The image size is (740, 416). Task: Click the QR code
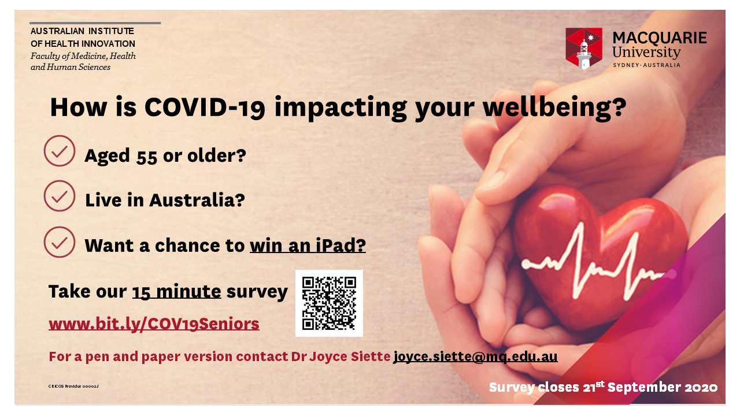click(329, 303)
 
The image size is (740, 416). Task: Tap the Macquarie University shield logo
click(584, 49)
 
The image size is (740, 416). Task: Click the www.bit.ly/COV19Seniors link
click(154, 324)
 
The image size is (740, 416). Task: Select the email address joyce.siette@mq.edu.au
click(475, 356)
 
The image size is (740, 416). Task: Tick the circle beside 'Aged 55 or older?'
click(60, 151)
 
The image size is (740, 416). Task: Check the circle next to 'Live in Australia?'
click(60, 196)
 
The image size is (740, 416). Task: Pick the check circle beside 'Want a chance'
click(60, 242)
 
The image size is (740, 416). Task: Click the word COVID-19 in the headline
click(205, 107)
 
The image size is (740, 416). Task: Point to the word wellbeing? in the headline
click(554, 108)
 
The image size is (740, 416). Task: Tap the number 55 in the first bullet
click(147, 157)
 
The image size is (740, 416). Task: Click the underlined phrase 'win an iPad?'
click(308, 246)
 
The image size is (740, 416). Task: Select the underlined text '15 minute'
click(177, 292)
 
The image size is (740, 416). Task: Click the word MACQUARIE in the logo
click(660, 38)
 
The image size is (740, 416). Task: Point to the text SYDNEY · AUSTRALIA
click(646, 65)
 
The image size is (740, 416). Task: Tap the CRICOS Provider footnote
click(73, 387)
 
